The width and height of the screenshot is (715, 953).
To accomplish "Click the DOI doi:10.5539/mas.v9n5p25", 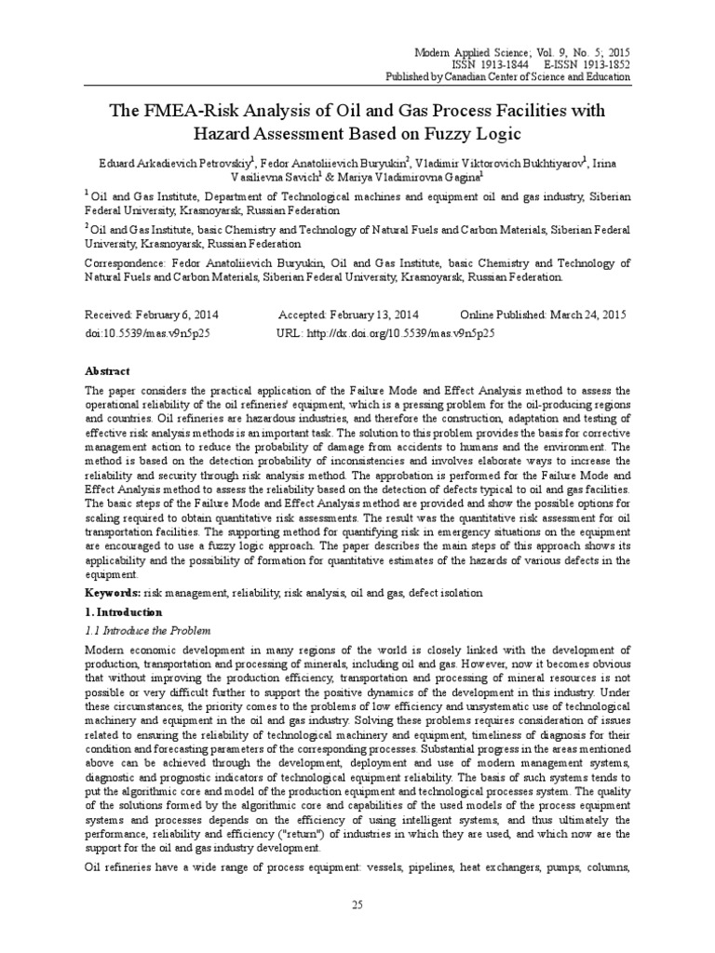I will (147, 332).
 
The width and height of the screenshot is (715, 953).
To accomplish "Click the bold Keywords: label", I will (113, 593).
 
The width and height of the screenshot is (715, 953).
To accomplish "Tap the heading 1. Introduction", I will (123, 612).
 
